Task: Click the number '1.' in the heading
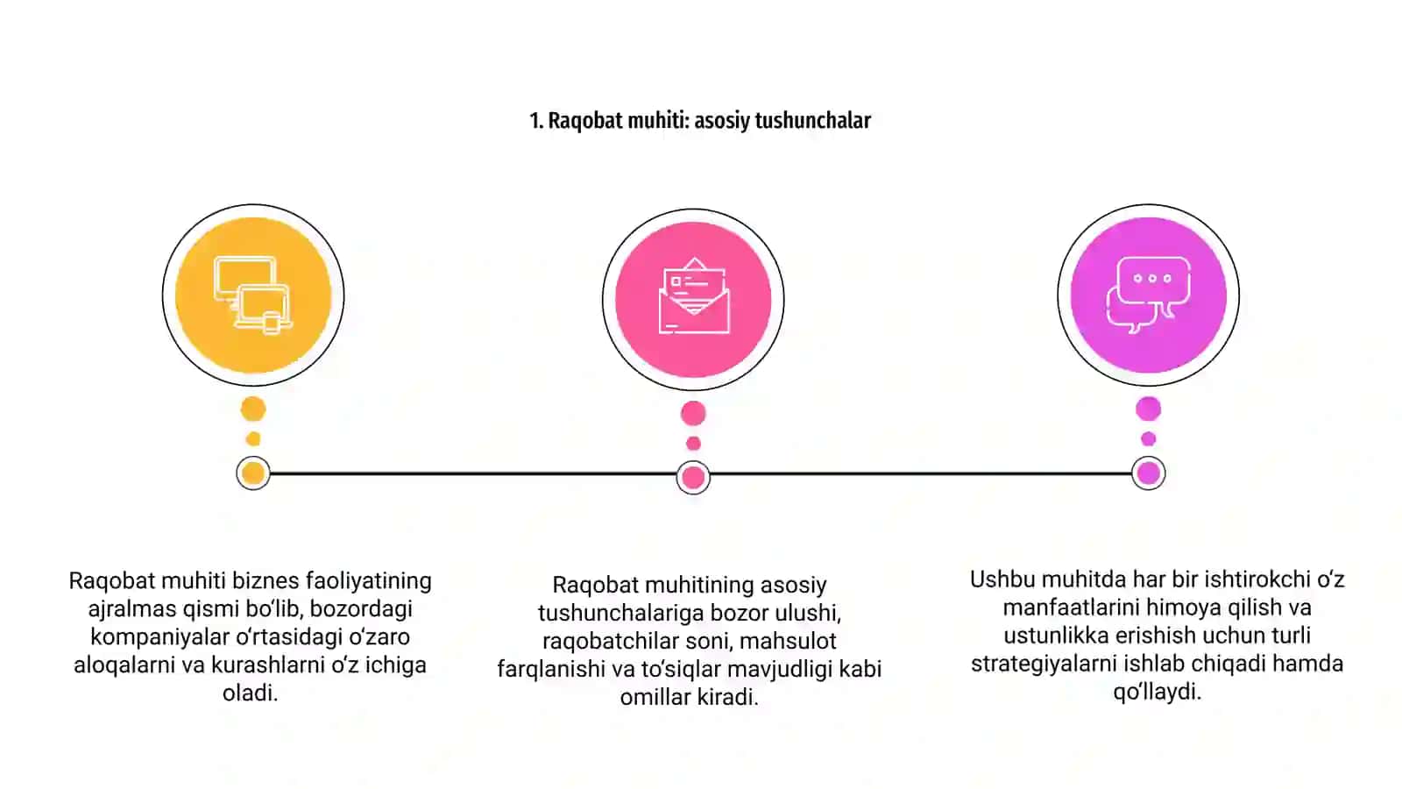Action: click(536, 121)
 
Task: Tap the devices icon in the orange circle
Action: click(253, 295)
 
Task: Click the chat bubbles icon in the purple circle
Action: click(1149, 295)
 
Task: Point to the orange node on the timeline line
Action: click(253, 473)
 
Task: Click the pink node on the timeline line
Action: click(693, 478)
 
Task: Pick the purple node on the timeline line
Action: click(1149, 473)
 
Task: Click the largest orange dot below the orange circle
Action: click(253, 409)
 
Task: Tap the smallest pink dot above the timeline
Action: click(693, 444)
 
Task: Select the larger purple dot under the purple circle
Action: click(1149, 409)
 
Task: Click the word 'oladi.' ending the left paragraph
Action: click(251, 693)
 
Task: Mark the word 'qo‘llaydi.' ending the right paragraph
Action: click(1158, 692)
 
